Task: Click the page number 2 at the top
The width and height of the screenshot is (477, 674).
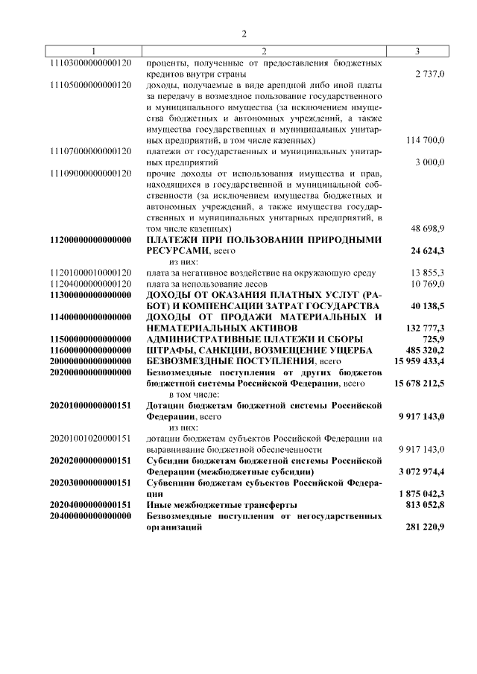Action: pyautogui.click(x=243, y=33)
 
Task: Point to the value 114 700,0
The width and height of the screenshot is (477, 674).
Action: pyautogui.click(x=426, y=140)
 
